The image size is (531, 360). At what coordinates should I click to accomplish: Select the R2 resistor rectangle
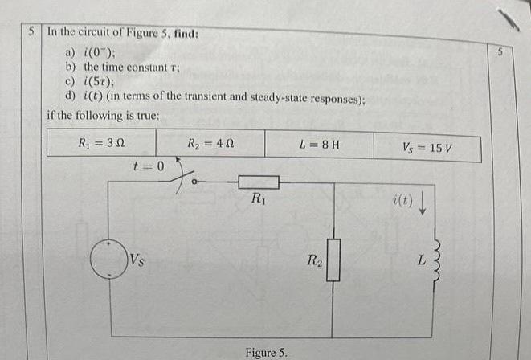tap(334, 260)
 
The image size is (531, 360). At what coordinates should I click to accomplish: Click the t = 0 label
tap(149, 166)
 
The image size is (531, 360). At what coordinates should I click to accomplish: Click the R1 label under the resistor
tap(258, 199)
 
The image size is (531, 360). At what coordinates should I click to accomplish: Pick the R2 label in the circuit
tap(312, 260)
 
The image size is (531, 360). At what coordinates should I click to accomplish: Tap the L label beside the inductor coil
tap(419, 261)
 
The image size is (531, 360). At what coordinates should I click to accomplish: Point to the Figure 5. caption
tap(270, 352)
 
